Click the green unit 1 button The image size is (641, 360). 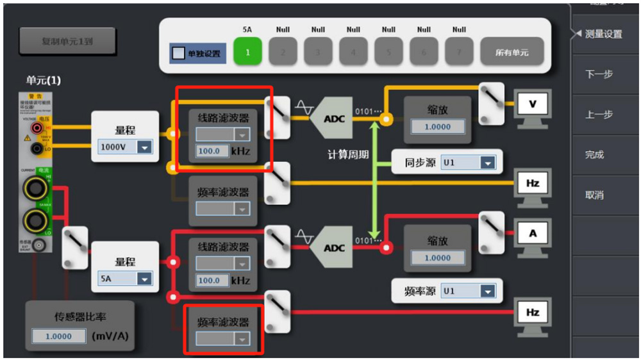pyautogui.click(x=247, y=52)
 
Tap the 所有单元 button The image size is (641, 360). pyautogui.click(x=512, y=52)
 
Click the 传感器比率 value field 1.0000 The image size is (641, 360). pyautogui.click(x=58, y=336)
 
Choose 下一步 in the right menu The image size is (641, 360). pyautogui.click(x=599, y=74)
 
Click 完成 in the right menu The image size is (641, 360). pyautogui.click(x=594, y=155)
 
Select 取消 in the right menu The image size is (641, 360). pyautogui.click(x=594, y=195)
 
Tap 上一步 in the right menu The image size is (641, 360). pyautogui.click(x=599, y=115)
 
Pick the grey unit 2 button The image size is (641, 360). pyautogui.click(x=283, y=52)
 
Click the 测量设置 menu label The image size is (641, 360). pyautogui.click(x=603, y=34)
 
